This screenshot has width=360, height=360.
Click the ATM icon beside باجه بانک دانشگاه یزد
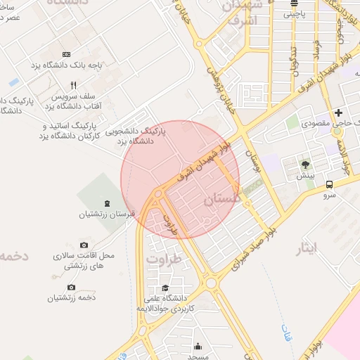point(67,54)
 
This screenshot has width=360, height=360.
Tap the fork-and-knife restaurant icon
point(83,86)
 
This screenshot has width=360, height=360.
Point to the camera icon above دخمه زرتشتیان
point(71,287)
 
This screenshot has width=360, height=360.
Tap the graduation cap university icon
point(165,288)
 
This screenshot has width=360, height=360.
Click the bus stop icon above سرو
point(329,184)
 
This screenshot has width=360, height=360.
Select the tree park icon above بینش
point(305,165)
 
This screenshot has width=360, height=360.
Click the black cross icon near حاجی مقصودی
point(338,112)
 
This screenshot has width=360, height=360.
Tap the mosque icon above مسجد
point(198,346)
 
